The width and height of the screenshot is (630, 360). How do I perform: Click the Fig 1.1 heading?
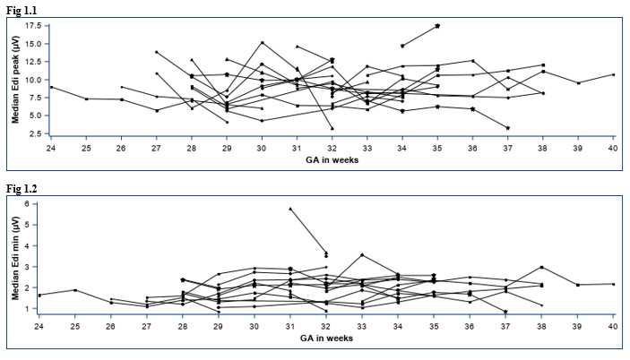pos(22,11)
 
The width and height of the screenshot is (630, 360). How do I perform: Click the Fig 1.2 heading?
pos(22,189)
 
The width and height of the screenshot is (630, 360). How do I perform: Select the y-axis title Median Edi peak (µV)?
pos(15,80)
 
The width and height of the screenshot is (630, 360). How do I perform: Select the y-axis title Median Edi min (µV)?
pos(15,258)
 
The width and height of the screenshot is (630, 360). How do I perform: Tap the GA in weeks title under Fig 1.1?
pos(332,160)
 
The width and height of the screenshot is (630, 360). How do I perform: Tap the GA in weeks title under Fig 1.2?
pos(326,339)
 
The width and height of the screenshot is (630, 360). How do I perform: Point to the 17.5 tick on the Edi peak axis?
pos(33,26)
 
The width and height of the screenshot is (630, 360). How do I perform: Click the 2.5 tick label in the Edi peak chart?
pos(35,133)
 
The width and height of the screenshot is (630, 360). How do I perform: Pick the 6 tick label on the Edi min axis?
pos(27,203)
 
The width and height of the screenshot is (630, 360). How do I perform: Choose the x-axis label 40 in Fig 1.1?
pos(613,149)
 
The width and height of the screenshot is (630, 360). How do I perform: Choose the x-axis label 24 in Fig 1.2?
pos(39,327)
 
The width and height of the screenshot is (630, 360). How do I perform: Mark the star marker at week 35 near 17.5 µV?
pos(437,26)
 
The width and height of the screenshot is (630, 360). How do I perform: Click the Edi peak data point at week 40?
pos(613,74)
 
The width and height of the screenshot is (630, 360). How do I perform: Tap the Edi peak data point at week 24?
pos(51,87)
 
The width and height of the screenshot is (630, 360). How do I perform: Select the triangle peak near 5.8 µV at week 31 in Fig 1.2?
pos(290,209)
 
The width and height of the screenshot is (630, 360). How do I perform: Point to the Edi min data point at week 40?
pos(613,284)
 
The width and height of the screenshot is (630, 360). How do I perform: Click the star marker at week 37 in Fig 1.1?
pos(508,128)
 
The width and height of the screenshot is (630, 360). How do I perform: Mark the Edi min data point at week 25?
pos(75,290)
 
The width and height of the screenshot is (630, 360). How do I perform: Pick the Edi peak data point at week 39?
pos(578,83)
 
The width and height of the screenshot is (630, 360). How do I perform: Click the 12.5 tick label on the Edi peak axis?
pos(33,62)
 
